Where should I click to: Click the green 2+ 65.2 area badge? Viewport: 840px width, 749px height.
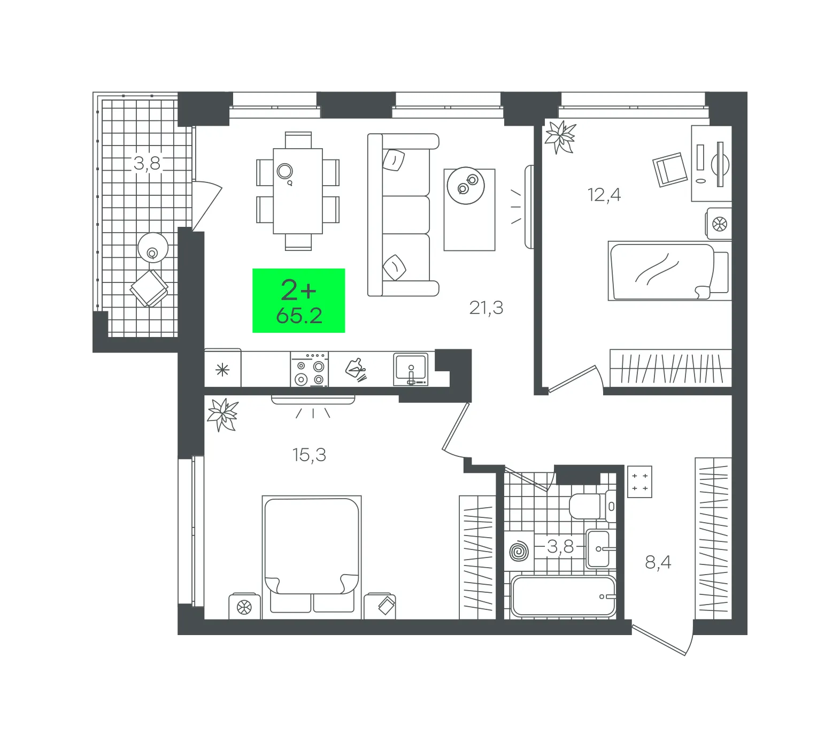point(298,300)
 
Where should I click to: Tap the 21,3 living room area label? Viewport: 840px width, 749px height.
point(486,308)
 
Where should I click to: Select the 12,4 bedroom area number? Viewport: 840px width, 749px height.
point(604,195)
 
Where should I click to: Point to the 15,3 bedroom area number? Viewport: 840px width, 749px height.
point(309,455)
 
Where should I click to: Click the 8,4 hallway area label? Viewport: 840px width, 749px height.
point(658,562)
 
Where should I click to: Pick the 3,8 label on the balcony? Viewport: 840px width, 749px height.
point(147,163)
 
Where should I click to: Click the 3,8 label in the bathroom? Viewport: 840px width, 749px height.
point(560,546)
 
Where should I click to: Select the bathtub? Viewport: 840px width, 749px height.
point(564,596)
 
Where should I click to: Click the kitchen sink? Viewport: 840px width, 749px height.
point(411,369)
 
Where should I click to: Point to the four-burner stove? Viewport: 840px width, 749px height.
point(310,369)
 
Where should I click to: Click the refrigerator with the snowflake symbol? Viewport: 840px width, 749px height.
point(223,368)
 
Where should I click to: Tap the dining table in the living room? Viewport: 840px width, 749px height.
point(298,191)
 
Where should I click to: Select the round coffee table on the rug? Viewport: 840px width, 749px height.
point(466,185)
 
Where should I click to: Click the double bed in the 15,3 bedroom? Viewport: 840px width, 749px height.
point(312,556)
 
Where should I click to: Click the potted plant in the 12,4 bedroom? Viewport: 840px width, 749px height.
point(560,137)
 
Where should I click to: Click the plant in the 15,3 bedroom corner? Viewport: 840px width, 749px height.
point(223,415)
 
